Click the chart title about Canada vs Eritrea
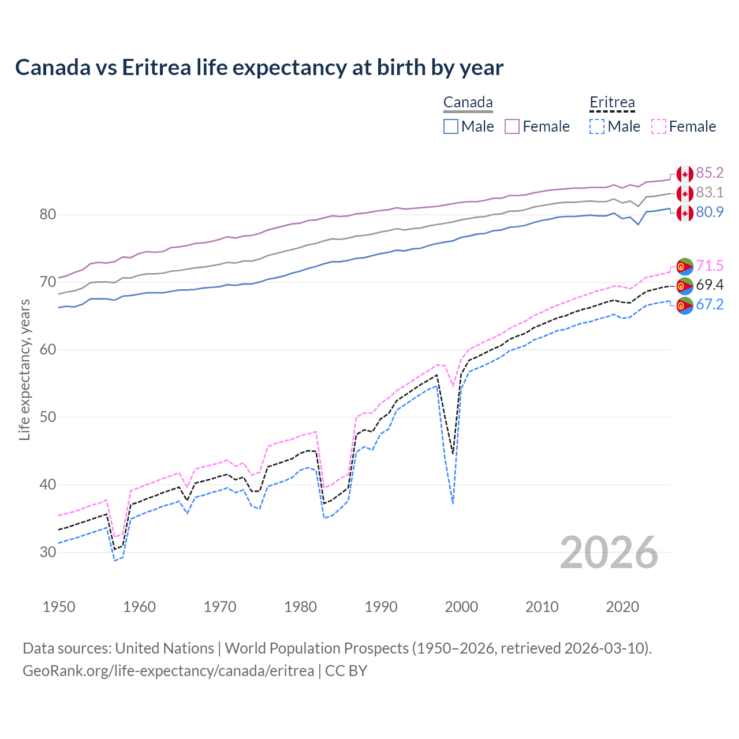(x=259, y=68)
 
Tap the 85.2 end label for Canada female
(x=710, y=173)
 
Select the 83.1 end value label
(x=710, y=192)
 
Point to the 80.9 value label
(x=710, y=212)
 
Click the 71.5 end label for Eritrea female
(x=710, y=266)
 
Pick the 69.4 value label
(x=710, y=285)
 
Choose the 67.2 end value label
(x=710, y=304)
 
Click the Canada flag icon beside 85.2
(x=685, y=174)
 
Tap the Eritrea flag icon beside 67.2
(x=685, y=305)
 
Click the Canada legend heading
(x=468, y=103)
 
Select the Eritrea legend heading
(x=612, y=103)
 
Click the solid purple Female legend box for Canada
(x=512, y=126)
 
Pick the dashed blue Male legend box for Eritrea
(x=597, y=126)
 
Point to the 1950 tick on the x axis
(x=59, y=607)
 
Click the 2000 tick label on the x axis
(x=461, y=607)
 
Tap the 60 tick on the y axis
(x=48, y=349)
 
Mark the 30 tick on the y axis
(x=48, y=552)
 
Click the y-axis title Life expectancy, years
(x=24, y=369)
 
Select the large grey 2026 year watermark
(x=609, y=553)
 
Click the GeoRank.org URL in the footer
(x=168, y=670)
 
